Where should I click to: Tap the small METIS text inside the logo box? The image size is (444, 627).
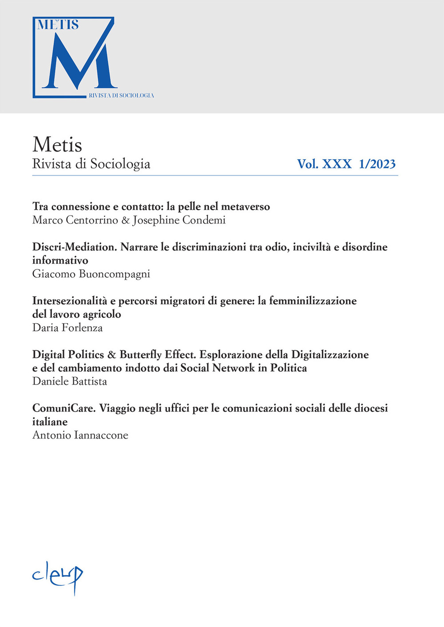[58, 25]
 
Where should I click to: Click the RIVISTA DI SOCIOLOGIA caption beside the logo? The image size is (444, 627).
[121, 95]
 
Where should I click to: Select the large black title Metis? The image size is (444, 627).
[57, 145]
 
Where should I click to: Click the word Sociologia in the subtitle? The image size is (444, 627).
[120, 164]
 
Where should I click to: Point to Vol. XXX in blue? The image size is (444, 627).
[324, 164]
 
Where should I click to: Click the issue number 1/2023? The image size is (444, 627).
[377, 164]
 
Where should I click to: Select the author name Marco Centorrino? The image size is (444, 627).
[75, 220]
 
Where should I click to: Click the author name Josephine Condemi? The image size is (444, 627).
[179, 220]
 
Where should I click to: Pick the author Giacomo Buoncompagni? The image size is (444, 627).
[91, 274]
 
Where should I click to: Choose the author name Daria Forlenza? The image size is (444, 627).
[67, 328]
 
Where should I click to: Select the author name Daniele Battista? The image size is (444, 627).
[70, 381]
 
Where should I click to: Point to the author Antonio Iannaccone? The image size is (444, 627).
[80, 435]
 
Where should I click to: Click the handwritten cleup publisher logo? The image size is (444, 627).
[58, 576]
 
